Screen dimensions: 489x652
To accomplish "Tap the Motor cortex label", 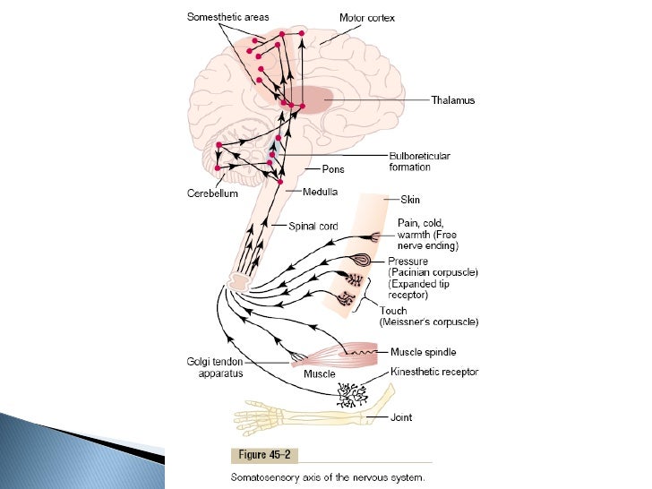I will [x=367, y=18].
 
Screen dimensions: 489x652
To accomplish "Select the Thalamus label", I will [x=452, y=100].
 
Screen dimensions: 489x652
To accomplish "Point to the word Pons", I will [x=333, y=169].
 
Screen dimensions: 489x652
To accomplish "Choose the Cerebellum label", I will [x=212, y=193].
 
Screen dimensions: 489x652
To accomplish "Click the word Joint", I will [x=402, y=416].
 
